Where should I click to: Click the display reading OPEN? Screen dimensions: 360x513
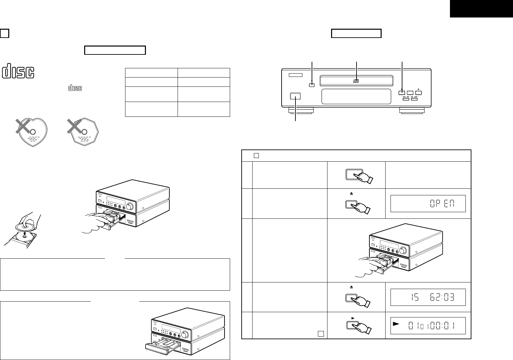pyautogui.click(x=428, y=204)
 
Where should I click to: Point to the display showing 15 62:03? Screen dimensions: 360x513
pyautogui.click(x=428, y=297)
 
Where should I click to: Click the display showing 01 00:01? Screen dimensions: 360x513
pyautogui.click(x=428, y=326)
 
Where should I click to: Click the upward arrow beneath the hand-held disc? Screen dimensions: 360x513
pyautogui.click(x=24, y=235)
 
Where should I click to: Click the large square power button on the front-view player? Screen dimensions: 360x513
pyautogui.click(x=295, y=96)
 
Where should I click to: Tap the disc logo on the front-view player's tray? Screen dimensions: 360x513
pyautogui.click(x=356, y=80)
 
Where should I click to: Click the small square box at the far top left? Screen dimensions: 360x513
pyautogui.click(x=4, y=33)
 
